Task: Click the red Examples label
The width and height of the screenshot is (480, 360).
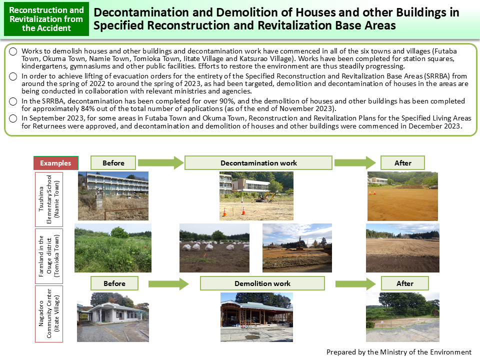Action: tap(56, 163)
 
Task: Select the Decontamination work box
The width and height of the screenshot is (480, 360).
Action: tap(258, 163)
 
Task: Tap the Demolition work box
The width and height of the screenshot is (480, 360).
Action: tap(262, 283)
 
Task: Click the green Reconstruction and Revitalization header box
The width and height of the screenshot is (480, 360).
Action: tap(46, 19)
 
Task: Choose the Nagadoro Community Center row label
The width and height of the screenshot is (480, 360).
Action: tap(49, 313)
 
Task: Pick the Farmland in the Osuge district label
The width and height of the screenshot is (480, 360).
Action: tap(49, 255)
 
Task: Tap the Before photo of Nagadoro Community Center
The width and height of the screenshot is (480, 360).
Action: tap(112, 317)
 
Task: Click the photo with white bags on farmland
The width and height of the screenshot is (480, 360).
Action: tap(214, 248)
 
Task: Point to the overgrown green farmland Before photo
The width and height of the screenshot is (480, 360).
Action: tap(113, 248)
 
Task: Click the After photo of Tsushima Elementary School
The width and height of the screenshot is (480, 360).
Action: tap(402, 196)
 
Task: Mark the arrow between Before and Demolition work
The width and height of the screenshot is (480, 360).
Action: tap(168, 284)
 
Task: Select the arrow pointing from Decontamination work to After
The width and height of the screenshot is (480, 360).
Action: tap(355, 162)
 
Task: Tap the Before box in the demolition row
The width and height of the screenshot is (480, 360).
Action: tap(114, 283)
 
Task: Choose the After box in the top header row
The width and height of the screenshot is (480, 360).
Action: tap(402, 163)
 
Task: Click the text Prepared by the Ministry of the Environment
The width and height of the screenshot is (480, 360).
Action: tap(398, 352)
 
